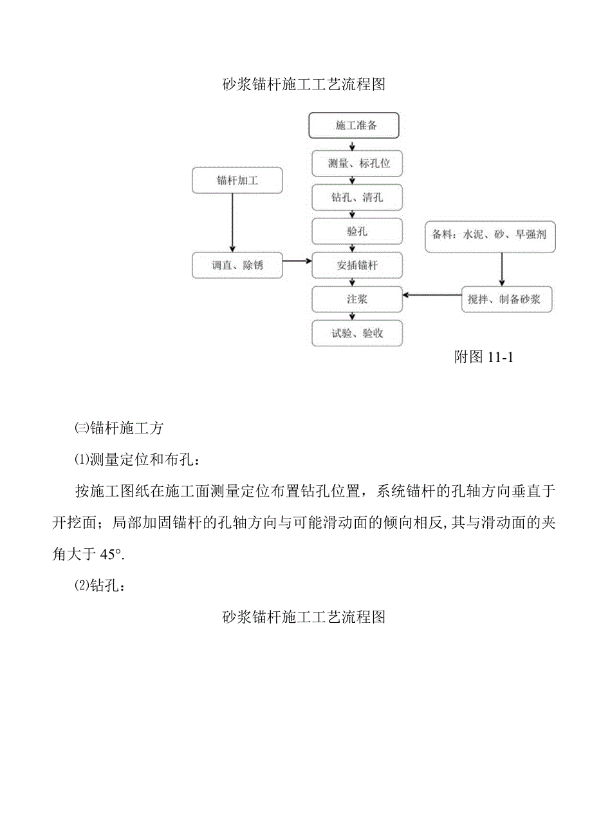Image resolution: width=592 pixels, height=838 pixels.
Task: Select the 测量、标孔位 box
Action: (357, 164)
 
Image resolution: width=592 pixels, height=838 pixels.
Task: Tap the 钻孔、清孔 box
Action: (357, 197)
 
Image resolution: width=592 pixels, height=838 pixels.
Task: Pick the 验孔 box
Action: (357, 231)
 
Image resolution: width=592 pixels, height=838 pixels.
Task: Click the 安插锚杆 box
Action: (357, 265)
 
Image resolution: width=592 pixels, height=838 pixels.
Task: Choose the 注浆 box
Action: (357, 299)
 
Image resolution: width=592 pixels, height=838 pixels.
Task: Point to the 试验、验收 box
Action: (357, 333)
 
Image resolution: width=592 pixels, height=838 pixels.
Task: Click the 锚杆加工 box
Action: (237, 180)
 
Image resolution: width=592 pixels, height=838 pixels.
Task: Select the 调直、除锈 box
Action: (237, 265)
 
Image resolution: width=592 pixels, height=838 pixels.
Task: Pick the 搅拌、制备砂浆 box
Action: (506, 300)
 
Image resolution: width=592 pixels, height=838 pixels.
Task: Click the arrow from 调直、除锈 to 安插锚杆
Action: (297, 262)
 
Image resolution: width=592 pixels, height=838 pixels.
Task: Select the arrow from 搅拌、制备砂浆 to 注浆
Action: (432, 296)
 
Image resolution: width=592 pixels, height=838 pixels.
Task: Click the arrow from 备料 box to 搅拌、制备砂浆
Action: (502, 269)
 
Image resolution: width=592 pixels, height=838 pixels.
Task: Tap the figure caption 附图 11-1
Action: (483, 357)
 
